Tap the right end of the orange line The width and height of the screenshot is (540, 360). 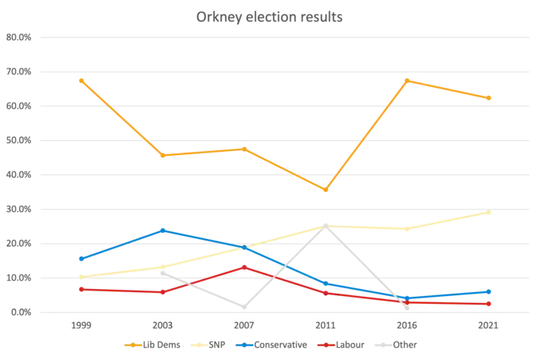[x=492, y=99]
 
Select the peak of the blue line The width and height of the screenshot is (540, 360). [x=163, y=230]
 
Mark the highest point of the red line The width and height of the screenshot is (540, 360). [x=245, y=267]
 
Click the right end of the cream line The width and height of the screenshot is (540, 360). [x=492, y=212]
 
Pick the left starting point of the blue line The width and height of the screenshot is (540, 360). [x=80, y=258]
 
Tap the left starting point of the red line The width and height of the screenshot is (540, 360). [x=80, y=289]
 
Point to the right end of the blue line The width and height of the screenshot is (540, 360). [x=492, y=291]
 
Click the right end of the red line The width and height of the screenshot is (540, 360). [x=492, y=304]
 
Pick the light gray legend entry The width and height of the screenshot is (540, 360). [x=398, y=344]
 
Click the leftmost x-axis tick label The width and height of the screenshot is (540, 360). [x=80, y=327]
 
